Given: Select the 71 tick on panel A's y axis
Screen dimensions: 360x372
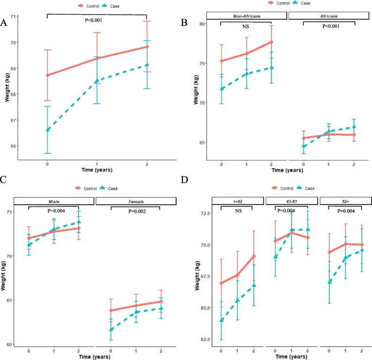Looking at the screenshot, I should (13, 16).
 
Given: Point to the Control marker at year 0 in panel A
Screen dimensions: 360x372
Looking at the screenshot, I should (48, 75).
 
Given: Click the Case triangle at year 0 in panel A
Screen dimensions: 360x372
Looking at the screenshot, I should (48, 129).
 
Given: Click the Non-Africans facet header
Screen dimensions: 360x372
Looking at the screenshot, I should (247, 16).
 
